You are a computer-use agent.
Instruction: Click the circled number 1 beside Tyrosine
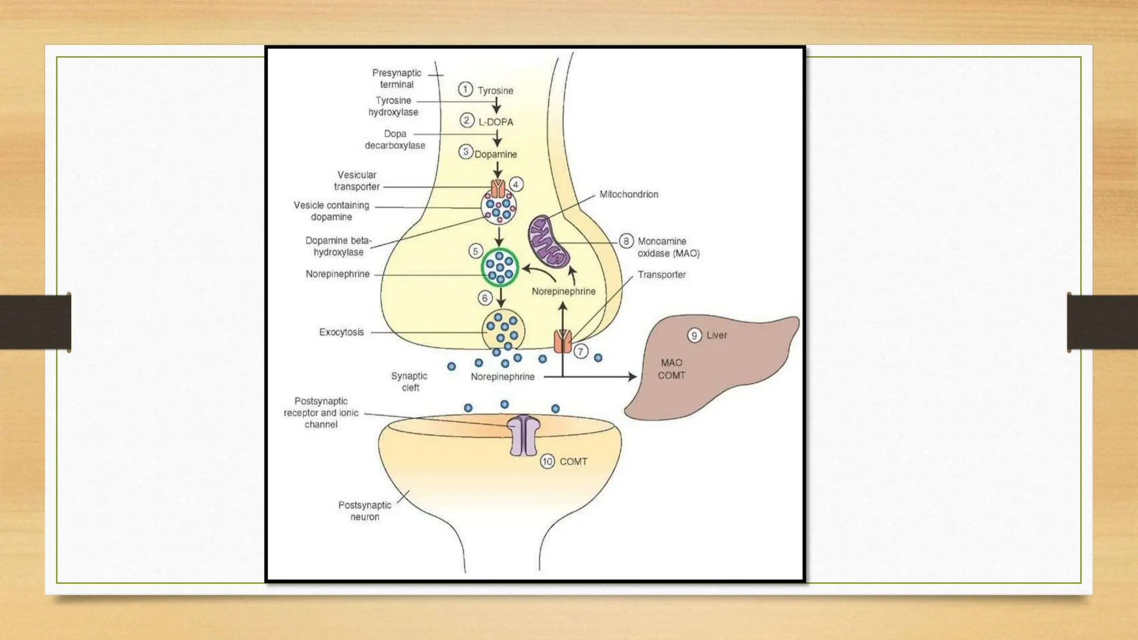point(465,89)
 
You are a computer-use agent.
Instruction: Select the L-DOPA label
point(496,122)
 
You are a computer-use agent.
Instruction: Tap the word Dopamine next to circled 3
point(496,154)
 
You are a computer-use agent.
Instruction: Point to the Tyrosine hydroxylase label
point(393,106)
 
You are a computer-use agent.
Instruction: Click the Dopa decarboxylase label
point(395,139)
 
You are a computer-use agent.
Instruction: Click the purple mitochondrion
point(548,242)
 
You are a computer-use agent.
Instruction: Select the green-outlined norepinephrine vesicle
point(500,267)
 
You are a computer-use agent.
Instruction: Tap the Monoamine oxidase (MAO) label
point(668,247)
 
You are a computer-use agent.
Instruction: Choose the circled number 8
point(626,241)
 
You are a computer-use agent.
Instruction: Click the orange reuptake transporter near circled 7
point(563,341)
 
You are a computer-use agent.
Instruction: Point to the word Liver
point(716,336)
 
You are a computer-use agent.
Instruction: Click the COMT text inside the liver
point(671,376)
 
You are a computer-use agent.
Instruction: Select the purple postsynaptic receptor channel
point(524,436)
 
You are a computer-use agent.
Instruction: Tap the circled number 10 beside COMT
point(547,462)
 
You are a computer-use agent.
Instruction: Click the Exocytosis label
point(341,332)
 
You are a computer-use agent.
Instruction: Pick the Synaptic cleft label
point(410,382)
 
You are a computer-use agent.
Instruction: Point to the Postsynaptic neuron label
point(365,511)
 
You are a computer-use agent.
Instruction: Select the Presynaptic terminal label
point(397,78)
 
